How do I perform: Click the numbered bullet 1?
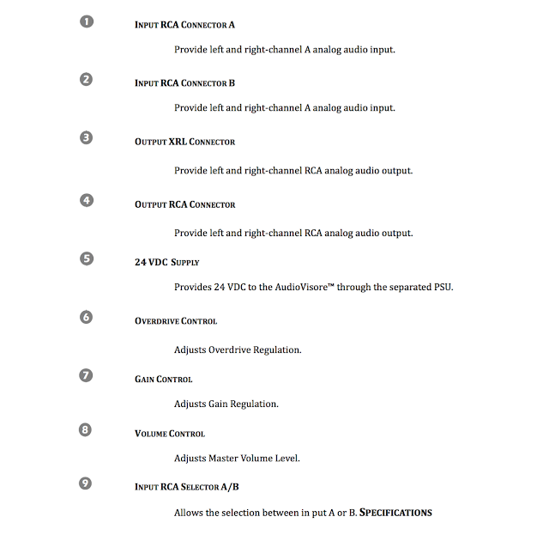point(86,21)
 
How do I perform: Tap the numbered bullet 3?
point(86,137)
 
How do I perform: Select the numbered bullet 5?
point(86,258)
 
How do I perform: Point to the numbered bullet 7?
point(86,375)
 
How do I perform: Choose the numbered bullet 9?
point(86,483)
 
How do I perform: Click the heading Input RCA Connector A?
point(184,25)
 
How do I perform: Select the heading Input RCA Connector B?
point(184,83)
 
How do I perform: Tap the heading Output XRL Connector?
point(184,142)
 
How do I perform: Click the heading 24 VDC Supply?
point(166,262)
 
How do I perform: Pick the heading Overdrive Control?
point(176,321)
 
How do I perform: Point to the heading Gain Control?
point(163,380)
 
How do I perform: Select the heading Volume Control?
point(170,434)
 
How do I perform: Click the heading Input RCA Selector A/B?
point(187,487)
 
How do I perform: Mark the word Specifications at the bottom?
point(395,513)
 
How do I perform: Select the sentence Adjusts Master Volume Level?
point(237,459)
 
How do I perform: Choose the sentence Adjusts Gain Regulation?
point(226,404)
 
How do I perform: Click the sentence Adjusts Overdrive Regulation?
point(238,350)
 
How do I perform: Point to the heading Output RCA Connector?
point(184,205)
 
